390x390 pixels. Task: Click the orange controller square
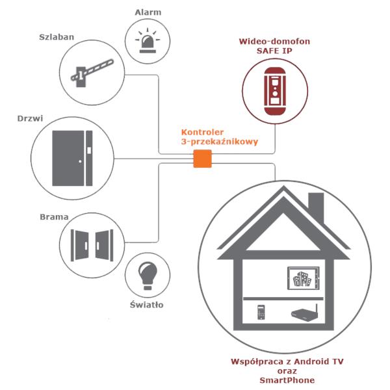(202, 159)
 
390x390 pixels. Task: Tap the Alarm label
(148, 12)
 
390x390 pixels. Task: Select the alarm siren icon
(148, 40)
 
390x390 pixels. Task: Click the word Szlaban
(57, 37)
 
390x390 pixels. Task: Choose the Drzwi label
(30, 118)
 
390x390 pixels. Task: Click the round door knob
(80, 161)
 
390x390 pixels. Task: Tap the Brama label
(54, 217)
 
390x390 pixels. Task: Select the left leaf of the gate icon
(80, 245)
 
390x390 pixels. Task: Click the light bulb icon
(148, 276)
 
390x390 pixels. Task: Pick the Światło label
(147, 304)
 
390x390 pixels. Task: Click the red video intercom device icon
(275, 91)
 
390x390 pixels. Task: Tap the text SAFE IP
(274, 51)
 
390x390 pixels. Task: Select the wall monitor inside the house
(304, 278)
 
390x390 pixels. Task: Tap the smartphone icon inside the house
(261, 312)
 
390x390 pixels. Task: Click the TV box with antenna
(305, 312)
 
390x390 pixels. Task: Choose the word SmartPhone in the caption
(287, 380)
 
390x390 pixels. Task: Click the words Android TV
(318, 361)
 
